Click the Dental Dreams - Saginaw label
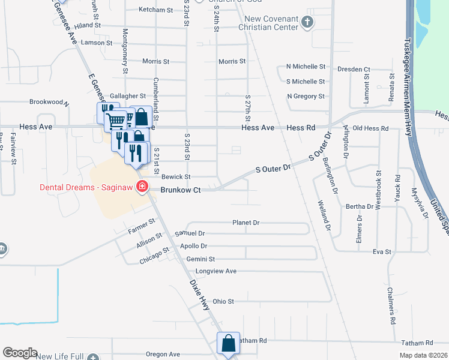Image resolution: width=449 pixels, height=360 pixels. (x=86, y=187)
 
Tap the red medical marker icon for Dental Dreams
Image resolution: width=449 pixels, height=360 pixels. (x=142, y=187)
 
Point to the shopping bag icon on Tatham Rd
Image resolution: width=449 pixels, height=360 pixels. (x=228, y=343)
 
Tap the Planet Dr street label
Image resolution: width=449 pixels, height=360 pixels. (x=246, y=223)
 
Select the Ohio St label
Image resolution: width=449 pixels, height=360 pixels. (x=223, y=301)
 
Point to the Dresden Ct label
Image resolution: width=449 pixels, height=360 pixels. (x=354, y=70)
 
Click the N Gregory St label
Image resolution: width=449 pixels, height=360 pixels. (x=306, y=96)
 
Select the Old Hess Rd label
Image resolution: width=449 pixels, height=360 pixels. (x=370, y=128)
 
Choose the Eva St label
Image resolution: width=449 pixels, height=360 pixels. (x=382, y=251)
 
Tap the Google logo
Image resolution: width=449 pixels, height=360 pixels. (x=20, y=353)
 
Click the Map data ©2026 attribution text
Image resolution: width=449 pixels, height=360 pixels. (x=422, y=355)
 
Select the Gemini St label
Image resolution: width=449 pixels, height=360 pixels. (x=200, y=259)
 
